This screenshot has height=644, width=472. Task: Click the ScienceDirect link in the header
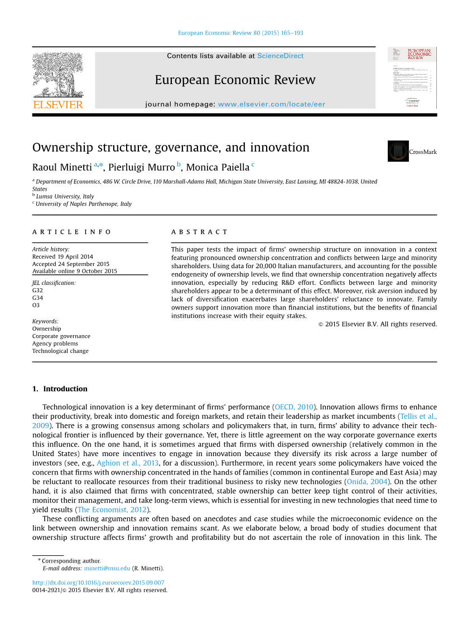[x=280, y=56]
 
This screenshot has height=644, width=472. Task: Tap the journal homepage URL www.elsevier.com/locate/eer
[x=271, y=104]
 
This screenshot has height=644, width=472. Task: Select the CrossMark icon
[x=398, y=151]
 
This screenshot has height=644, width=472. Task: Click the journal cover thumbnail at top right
[x=412, y=78]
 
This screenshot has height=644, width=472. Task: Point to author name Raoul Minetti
[x=62, y=167]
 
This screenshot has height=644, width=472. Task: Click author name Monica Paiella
[x=218, y=167]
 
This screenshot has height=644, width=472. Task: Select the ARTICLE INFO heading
[x=72, y=232]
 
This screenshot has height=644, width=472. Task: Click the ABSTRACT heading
[x=200, y=232]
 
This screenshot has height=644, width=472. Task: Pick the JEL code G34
[x=37, y=298]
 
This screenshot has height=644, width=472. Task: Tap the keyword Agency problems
[x=55, y=343]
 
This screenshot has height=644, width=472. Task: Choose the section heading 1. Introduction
[x=60, y=389]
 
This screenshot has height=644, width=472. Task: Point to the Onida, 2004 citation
[x=367, y=481]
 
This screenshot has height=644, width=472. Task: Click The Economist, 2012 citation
[x=112, y=510]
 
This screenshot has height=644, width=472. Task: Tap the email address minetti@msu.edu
[x=107, y=568]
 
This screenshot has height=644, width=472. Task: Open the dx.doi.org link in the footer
[x=98, y=583]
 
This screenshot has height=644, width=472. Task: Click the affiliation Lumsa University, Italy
[x=65, y=196]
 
